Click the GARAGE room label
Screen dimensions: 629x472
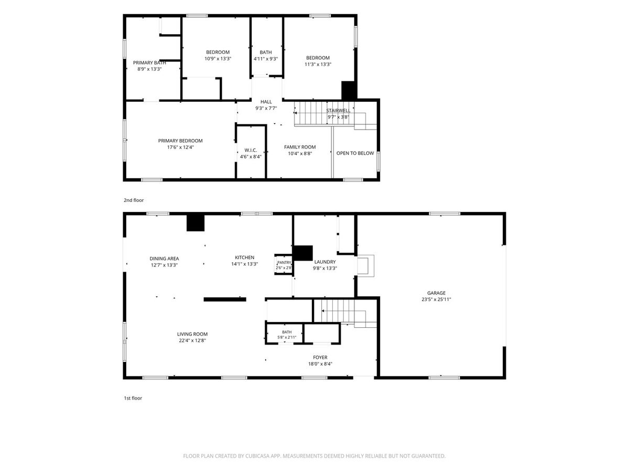click(436, 293)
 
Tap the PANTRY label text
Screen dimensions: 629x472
click(284, 263)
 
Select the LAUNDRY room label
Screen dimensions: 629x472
click(324, 262)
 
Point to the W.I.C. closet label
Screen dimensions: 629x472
click(251, 150)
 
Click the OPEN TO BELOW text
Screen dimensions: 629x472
click(355, 153)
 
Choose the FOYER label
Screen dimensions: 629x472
click(320, 357)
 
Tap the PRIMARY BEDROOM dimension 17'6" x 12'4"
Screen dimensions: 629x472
click(180, 147)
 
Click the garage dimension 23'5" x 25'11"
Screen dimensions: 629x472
click(436, 299)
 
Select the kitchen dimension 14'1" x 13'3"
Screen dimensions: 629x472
click(244, 264)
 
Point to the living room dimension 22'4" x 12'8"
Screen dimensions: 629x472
click(192, 340)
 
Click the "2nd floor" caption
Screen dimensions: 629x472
click(134, 200)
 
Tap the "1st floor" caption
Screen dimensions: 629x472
click(133, 398)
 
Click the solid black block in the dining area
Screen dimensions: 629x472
click(196, 223)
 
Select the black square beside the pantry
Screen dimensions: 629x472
click(302, 253)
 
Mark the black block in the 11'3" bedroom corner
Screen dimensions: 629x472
click(349, 90)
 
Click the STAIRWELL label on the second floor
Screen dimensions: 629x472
click(338, 110)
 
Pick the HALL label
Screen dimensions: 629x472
click(266, 102)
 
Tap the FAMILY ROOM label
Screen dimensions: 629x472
click(300, 147)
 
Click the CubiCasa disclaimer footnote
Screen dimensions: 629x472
click(314, 456)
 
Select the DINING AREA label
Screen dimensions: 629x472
click(164, 259)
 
